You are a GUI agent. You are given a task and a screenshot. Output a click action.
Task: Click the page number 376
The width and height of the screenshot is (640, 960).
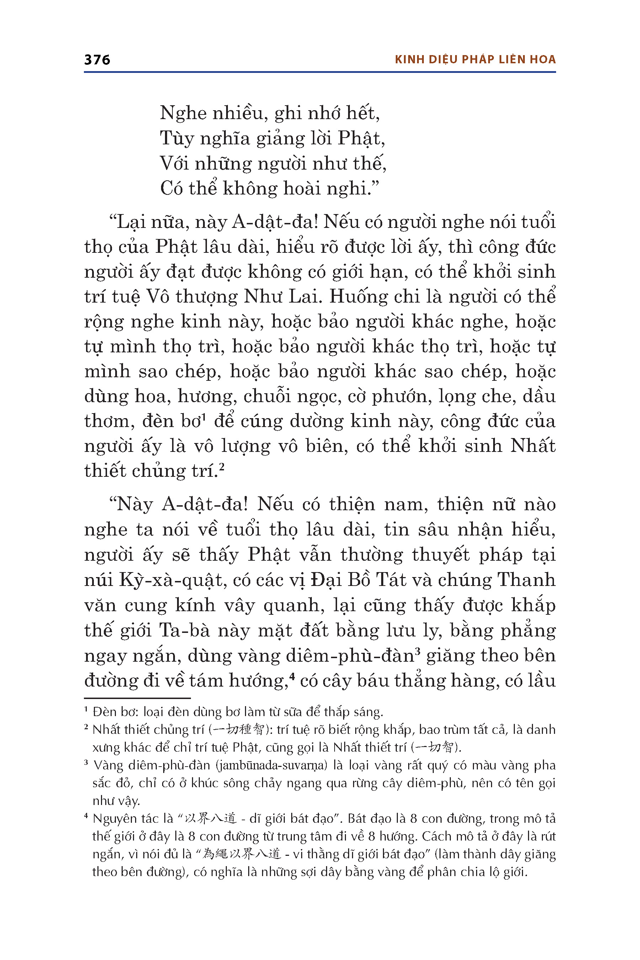coord(97,60)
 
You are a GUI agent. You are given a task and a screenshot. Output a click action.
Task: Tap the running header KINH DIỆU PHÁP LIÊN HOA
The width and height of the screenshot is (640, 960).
coord(475,60)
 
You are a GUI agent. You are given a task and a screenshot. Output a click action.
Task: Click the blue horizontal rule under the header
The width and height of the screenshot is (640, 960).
coord(320,72)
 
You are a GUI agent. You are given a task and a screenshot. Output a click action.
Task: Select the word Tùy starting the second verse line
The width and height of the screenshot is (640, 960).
coord(176,139)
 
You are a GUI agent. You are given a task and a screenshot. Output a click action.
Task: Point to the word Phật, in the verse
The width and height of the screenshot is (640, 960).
coord(361,139)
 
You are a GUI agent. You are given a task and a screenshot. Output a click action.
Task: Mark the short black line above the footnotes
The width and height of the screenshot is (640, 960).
coord(137,698)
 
